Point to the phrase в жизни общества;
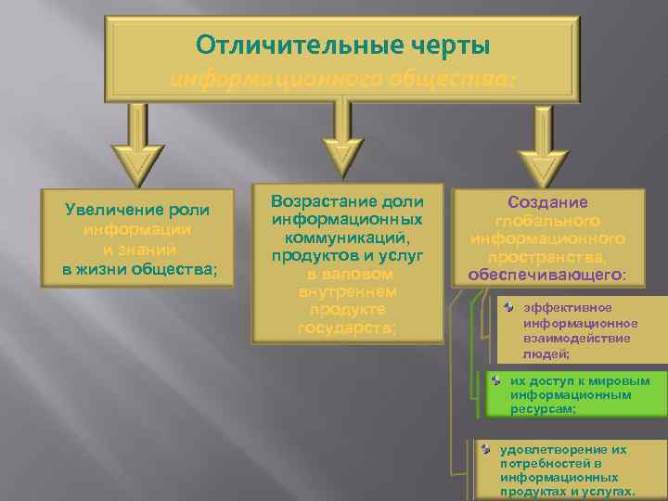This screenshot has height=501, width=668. coord(140,269)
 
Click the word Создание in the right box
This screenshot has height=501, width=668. coord(547,202)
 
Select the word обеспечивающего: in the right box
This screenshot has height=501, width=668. coord(547,275)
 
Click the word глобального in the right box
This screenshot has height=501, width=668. coord(547,221)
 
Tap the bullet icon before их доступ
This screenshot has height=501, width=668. coord(496,379)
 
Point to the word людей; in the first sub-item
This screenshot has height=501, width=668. coord(546,353)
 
